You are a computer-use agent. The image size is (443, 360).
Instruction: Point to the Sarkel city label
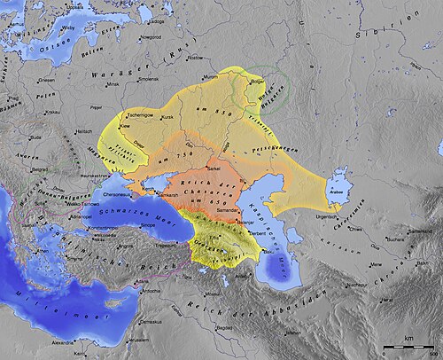[214, 167]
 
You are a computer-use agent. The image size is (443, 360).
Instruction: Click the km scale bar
[408, 343]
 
